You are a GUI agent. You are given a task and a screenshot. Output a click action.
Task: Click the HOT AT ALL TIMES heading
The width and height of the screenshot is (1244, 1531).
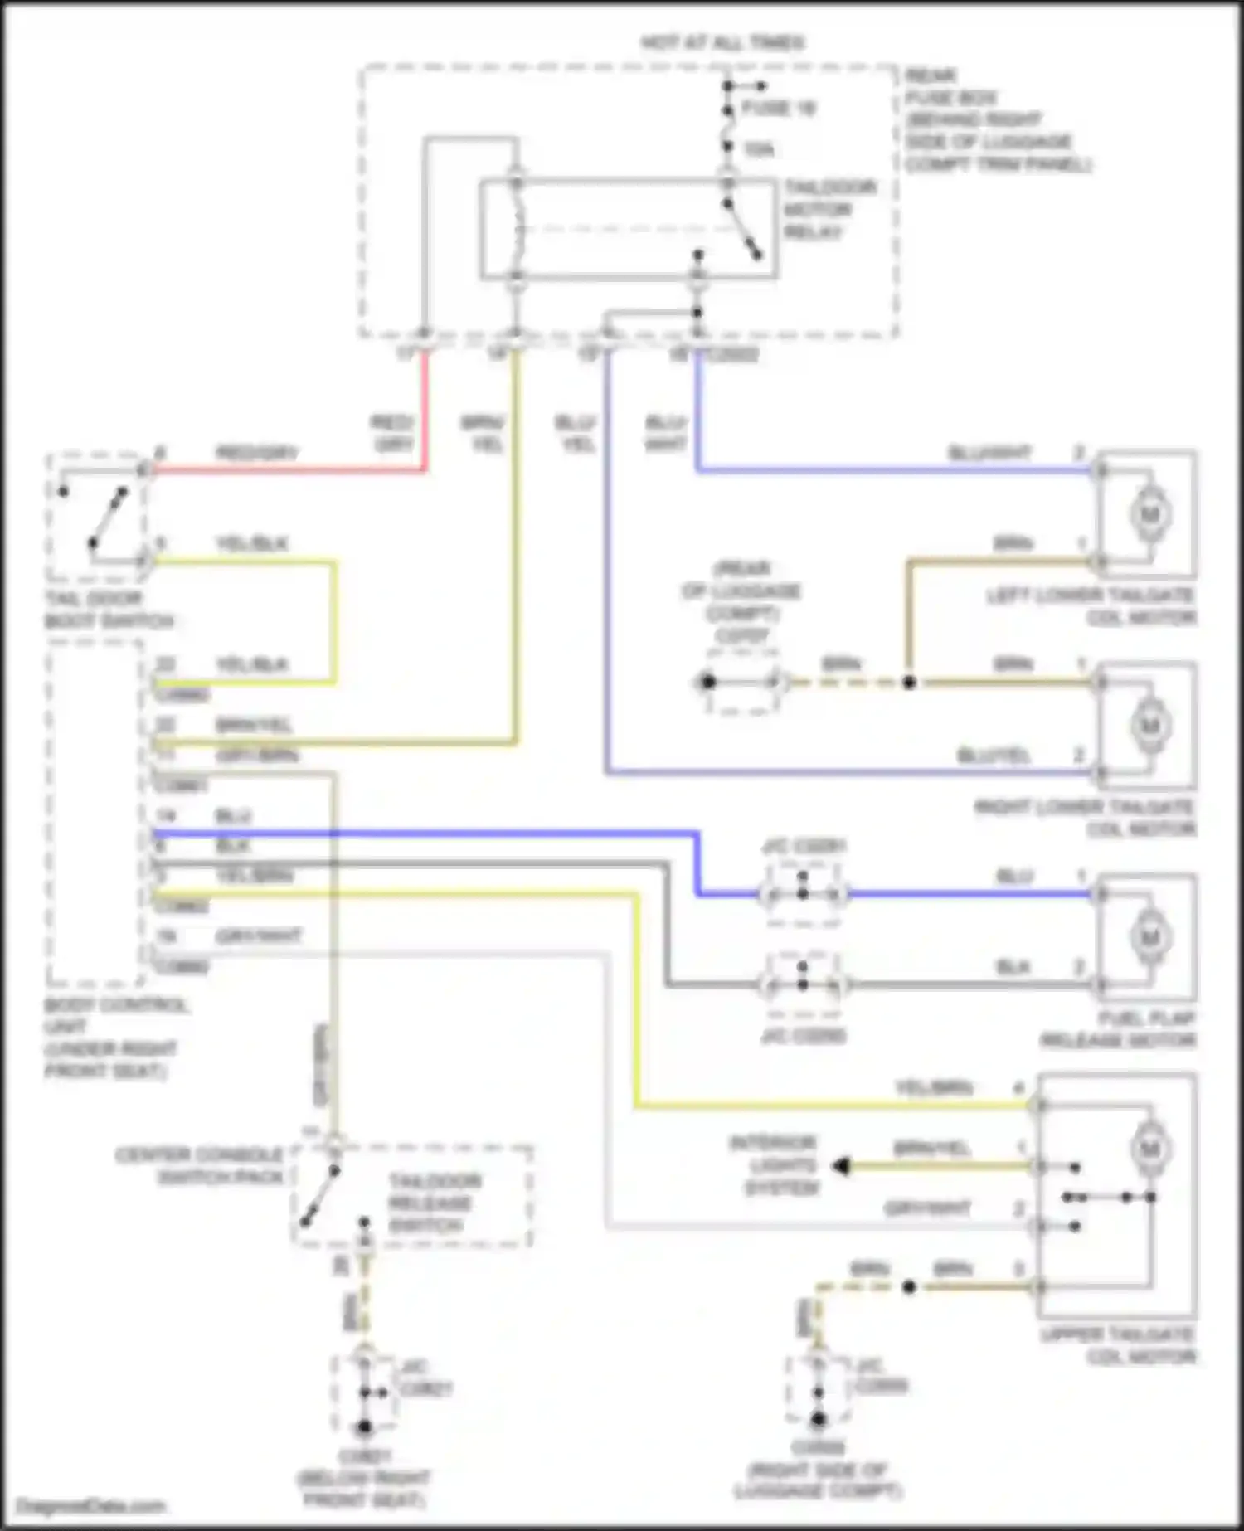[x=722, y=43]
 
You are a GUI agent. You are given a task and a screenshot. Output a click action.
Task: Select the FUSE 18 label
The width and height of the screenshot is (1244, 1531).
[x=778, y=109]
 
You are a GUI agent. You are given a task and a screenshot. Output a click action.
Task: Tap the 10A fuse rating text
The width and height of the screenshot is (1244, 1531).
[x=759, y=150]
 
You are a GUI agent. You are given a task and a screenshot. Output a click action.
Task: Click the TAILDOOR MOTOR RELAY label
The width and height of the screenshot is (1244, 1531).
[x=829, y=210]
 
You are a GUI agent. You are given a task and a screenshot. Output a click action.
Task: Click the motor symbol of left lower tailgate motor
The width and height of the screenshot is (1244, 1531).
[x=1149, y=514]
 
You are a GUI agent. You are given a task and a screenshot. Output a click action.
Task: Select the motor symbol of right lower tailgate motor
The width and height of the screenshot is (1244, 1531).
[x=1149, y=726]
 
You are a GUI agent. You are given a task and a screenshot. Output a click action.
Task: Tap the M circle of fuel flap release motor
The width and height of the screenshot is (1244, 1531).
[x=1149, y=938]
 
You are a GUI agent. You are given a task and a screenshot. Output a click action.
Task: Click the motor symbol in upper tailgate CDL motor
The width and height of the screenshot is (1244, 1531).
[x=1149, y=1149]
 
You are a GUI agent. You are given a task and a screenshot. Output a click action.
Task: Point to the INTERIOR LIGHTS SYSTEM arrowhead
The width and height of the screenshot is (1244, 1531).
[x=841, y=1166]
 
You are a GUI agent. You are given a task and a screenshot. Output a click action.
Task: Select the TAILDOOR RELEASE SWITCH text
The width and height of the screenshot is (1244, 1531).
[x=430, y=1203]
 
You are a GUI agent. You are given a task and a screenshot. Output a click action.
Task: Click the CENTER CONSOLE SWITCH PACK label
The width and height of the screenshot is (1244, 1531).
[x=199, y=1165]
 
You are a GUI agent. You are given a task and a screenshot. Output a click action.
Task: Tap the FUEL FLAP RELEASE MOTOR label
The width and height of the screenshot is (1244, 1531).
[x=1118, y=1029]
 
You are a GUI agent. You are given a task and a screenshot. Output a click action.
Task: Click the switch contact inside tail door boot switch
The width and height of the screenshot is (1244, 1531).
[x=109, y=518]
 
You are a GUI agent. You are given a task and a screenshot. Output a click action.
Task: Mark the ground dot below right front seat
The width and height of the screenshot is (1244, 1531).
[x=364, y=1427]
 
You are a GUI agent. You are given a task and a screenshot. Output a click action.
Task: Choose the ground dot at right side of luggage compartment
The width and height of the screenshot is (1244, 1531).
[x=819, y=1419]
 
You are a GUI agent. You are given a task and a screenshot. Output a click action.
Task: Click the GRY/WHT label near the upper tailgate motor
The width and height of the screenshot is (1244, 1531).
[x=927, y=1208]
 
